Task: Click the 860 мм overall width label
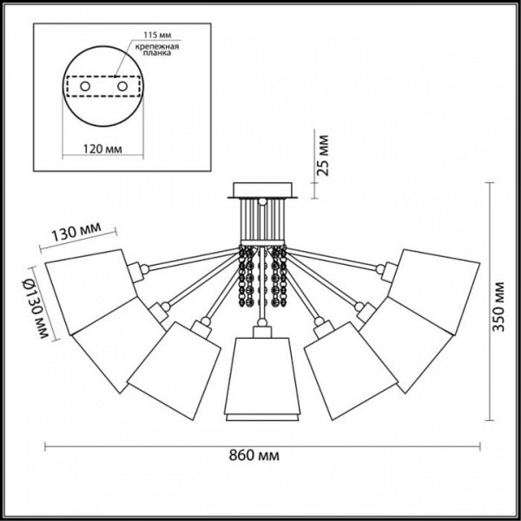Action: pyautogui.click(x=254, y=455)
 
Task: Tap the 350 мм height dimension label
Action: pyautogui.click(x=498, y=307)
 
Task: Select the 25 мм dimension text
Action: pyautogui.click(x=322, y=155)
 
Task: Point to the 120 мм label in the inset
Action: pyautogui.click(x=102, y=148)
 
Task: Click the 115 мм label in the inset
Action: pyautogui.click(x=157, y=35)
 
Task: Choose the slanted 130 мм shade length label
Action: pyautogui.click(x=76, y=232)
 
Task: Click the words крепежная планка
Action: pyautogui.click(x=157, y=49)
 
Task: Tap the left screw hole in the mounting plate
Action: pyautogui.click(x=85, y=86)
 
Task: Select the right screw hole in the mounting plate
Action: pyautogui.click(x=122, y=86)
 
